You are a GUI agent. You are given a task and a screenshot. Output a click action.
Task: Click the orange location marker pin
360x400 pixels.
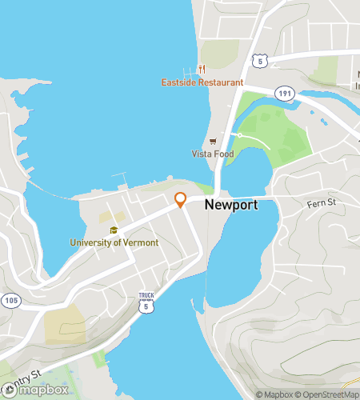click(x=181, y=200)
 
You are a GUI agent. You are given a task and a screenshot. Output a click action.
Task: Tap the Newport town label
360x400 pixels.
click(x=230, y=205)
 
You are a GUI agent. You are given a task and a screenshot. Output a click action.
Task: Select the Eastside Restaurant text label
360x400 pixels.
click(x=202, y=82)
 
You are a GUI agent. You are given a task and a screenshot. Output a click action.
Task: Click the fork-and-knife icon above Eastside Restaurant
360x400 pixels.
click(x=203, y=69)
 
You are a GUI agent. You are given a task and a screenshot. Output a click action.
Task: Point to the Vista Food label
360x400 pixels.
click(x=212, y=154)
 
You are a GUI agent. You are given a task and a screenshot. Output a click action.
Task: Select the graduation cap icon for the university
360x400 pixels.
click(x=114, y=230)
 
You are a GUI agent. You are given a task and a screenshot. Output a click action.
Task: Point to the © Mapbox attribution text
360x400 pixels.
click(x=274, y=394)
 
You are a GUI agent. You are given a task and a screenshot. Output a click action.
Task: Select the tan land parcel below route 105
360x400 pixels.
click(x=62, y=324)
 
